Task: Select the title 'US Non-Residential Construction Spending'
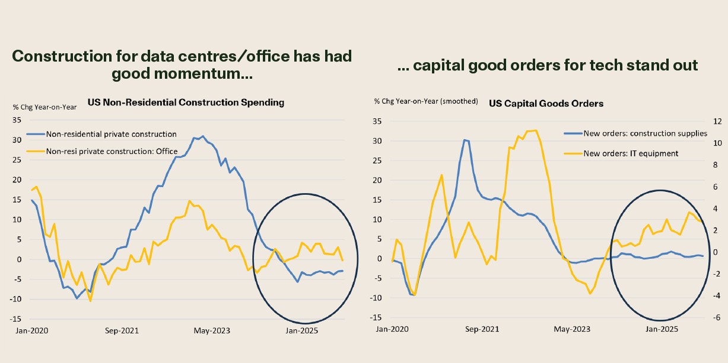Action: pyautogui.click(x=186, y=102)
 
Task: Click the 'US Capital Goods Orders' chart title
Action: pyautogui.click(x=546, y=104)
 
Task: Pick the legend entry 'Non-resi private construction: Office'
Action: pyautogui.click(x=112, y=151)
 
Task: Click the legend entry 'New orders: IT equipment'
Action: pyautogui.click(x=631, y=153)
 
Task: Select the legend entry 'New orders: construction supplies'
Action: pyautogui.click(x=645, y=133)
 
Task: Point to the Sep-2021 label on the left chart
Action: pyautogui.click(x=122, y=330)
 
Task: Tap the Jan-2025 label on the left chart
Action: pyautogui.click(x=302, y=330)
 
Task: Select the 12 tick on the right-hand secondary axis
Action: pyautogui.click(x=717, y=121)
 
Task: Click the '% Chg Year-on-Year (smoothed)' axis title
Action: pyautogui.click(x=426, y=101)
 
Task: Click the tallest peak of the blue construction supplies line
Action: pyautogui.click(x=465, y=140)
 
